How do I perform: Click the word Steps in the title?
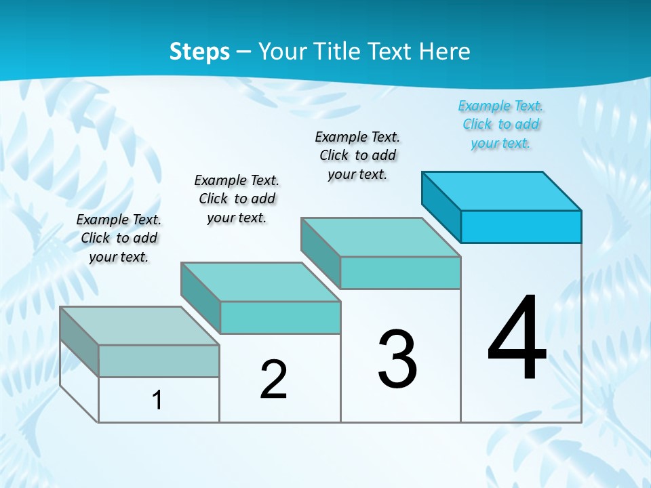(199, 52)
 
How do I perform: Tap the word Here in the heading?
(443, 52)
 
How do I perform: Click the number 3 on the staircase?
(397, 359)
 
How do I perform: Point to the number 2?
(274, 380)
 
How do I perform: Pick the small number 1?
(157, 400)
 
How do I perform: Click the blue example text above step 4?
(501, 125)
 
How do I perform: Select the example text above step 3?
(357, 155)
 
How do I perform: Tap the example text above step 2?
(237, 199)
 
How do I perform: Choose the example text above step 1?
(119, 238)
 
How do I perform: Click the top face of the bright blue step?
(502, 190)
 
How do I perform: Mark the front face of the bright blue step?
(521, 226)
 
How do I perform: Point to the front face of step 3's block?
(400, 273)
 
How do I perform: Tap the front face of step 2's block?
(280, 317)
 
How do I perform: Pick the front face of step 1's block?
(159, 361)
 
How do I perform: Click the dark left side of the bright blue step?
(441, 206)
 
